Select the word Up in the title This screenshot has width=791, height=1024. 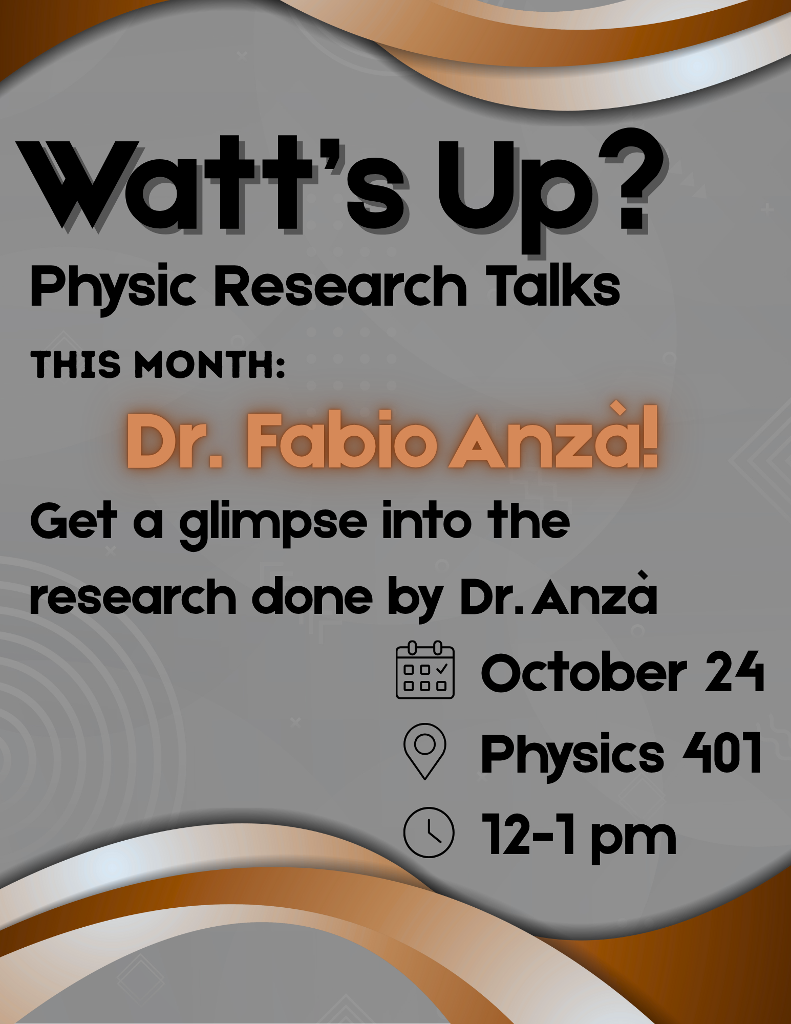point(517,197)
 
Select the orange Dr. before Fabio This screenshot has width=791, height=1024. point(175,441)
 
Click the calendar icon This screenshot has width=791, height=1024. point(425,669)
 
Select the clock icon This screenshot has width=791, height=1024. point(429,833)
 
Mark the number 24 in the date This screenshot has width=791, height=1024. point(734,672)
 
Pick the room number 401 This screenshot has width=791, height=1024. point(722,752)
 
